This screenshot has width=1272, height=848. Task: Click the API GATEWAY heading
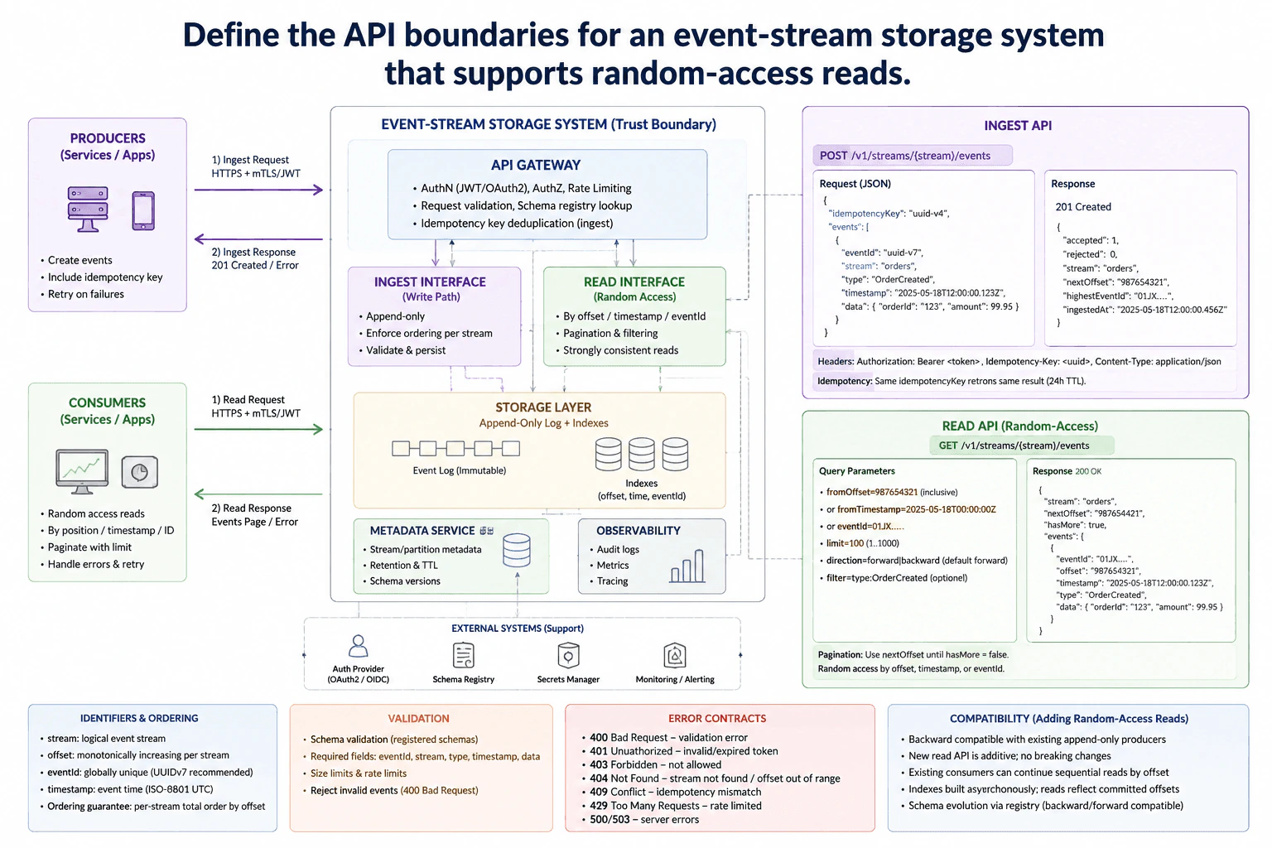pyautogui.click(x=536, y=165)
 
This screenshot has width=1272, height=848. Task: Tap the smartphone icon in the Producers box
pyautogui.click(x=143, y=210)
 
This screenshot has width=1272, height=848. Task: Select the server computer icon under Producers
pyautogui.click(x=88, y=209)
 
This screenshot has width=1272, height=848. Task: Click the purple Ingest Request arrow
pyautogui.click(x=258, y=190)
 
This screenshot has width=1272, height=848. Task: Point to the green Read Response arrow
pyautogui.click(x=258, y=494)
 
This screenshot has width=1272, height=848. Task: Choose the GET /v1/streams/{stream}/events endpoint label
pyautogui.click(x=1014, y=446)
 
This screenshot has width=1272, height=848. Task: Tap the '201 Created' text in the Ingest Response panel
pyautogui.click(x=1083, y=207)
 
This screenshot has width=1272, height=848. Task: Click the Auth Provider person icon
pyautogui.click(x=358, y=646)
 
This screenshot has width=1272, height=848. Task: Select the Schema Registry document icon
pyautogui.click(x=464, y=655)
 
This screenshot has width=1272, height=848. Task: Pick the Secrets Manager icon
pyautogui.click(x=568, y=655)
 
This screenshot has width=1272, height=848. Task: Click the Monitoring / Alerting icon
pyautogui.click(x=675, y=655)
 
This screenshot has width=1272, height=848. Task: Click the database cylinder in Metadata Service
pyautogui.click(x=517, y=551)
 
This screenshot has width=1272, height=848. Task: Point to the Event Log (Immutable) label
pyautogui.click(x=460, y=470)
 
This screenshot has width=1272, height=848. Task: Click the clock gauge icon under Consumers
pyautogui.click(x=140, y=472)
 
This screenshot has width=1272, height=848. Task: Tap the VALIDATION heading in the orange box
pyautogui.click(x=418, y=719)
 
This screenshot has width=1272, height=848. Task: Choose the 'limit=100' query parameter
pyautogui.click(x=845, y=543)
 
